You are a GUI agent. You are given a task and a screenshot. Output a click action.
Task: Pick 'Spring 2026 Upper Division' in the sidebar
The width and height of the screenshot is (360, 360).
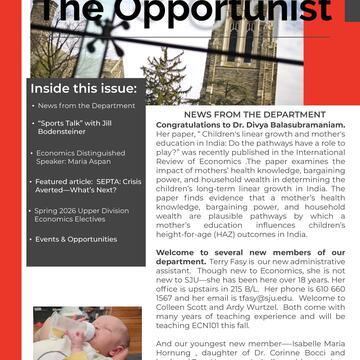coord(85,213)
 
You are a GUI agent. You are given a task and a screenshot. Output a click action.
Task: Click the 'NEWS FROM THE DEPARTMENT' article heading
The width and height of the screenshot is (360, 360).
coord(240,115)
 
